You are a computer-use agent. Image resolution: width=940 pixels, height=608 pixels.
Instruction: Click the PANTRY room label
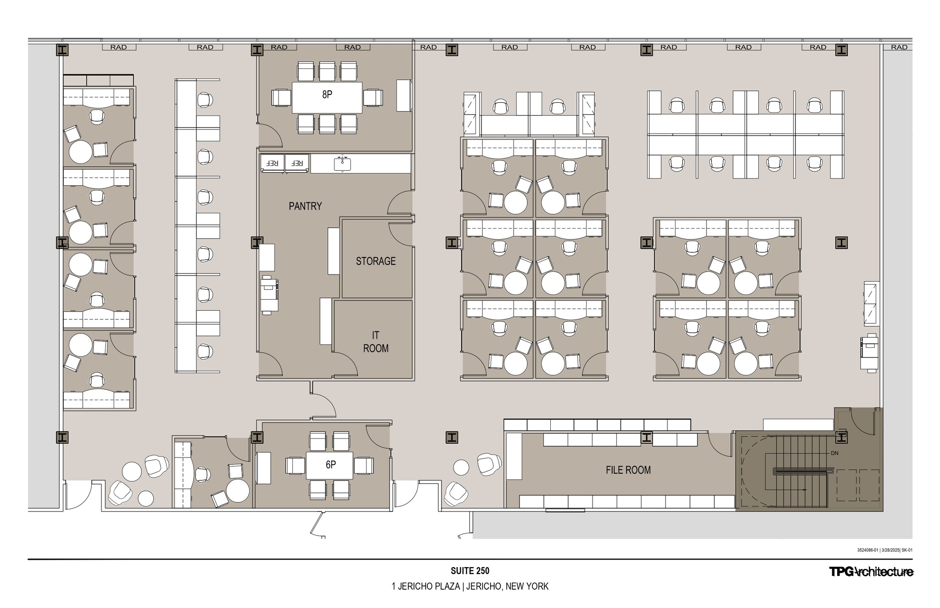click(x=305, y=206)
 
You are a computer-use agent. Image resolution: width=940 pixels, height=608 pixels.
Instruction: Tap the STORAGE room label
click(x=375, y=261)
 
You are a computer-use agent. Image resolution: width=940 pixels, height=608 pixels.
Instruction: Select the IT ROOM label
click(x=375, y=342)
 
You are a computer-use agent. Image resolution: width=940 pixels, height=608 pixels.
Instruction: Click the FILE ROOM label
click(x=628, y=470)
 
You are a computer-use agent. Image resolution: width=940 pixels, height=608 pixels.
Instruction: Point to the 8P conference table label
click(x=327, y=95)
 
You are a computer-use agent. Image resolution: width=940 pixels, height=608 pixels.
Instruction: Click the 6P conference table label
click(x=330, y=465)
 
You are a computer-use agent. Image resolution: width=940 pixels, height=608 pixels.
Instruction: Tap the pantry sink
click(x=342, y=163)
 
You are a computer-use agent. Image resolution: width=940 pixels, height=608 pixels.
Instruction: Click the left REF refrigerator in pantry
click(x=273, y=163)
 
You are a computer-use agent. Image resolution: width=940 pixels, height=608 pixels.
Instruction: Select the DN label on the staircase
click(x=834, y=453)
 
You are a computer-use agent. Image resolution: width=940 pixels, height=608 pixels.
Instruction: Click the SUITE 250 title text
click(x=470, y=571)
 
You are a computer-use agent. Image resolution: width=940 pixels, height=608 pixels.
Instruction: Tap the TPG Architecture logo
click(x=871, y=572)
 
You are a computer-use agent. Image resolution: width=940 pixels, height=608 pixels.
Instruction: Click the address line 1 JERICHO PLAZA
click(x=470, y=586)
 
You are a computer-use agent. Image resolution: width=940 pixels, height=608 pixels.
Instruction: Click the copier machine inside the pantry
click(x=269, y=294)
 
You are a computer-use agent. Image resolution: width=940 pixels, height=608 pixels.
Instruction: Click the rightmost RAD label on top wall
click(x=899, y=47)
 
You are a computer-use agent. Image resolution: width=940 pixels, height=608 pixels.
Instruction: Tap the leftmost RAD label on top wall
click(x=118, y=47)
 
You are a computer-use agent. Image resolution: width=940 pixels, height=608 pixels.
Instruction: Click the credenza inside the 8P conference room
click(x=403, y=95)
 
